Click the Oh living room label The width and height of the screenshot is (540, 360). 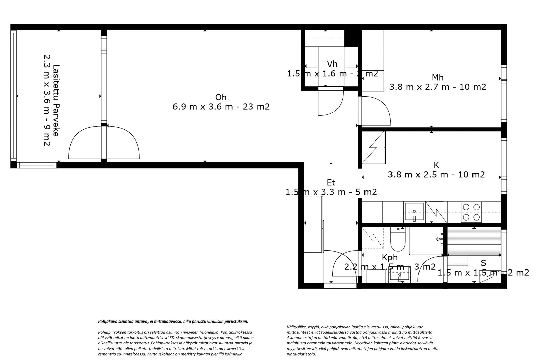pyautogui.click(x=221, y=97)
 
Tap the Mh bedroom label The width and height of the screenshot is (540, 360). pyautogui.click(x=437, y=77)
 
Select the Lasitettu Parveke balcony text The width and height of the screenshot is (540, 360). pyautogui.click(x=52, y=105)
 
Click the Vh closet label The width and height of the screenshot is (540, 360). pyautogui.click(x=332, y=64)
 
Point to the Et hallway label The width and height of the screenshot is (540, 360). pyautogui.click(x=331, y=183)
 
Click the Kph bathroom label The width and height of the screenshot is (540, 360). pyautogui.click(x=389, y=257)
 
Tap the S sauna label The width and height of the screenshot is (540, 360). pyautogui.click(x=483, y=263)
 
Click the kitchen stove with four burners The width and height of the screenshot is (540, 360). pyautogui.click(x=471, y=212)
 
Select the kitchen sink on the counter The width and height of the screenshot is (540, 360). pyautogui.click(x=414, y=212)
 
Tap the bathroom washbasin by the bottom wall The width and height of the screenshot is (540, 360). pyautogui.click(x=400, y=277)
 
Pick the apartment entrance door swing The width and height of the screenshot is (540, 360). pyautogui.click(x=344, y=267)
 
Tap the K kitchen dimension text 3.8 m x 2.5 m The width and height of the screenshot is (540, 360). pyautogui.click(x=436, y=175)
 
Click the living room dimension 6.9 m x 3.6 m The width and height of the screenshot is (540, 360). pyautogui.click(x=221, y=107)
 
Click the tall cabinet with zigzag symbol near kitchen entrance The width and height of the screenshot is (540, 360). pyautogui.click(x=373, y=148)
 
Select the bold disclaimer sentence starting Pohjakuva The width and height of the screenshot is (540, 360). pyautogui.click(x=173, y=322)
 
